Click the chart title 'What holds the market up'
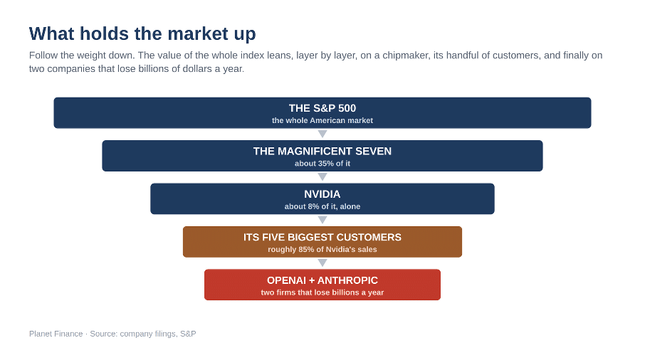[142, 33]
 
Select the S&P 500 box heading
[322, 108]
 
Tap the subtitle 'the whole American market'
[322, 120]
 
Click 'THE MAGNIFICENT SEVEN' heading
[322, 152]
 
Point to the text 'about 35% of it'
[322, 164]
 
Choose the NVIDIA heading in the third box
[322, 194]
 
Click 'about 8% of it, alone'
[322, 206]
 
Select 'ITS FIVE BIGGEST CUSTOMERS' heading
[322, 237]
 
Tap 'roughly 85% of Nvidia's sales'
[322, 250]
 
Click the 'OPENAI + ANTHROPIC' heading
[322, 280]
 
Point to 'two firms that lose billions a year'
[322, 292]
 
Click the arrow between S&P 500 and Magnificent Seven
[322, 134]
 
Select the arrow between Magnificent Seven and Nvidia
[322, 176]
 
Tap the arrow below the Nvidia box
[322, 220]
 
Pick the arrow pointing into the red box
[322, 263]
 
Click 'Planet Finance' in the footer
[56, 334]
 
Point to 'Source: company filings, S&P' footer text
[142, 334]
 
